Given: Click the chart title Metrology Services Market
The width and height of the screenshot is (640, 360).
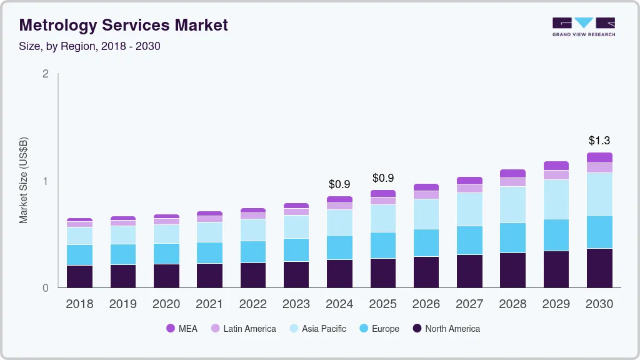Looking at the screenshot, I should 124,25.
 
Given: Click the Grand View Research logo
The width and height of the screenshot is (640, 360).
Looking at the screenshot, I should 584,26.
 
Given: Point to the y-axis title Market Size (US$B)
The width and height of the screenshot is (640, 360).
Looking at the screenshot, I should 24,180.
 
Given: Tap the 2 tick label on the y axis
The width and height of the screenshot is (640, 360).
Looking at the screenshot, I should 45,74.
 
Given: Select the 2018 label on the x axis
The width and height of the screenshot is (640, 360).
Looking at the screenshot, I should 79,304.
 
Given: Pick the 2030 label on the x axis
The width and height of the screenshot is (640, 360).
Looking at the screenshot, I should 599,304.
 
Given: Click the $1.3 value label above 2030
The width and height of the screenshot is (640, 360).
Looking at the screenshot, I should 599,141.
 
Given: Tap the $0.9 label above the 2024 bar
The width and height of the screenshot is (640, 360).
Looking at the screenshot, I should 339,184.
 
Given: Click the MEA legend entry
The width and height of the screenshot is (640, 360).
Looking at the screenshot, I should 181,329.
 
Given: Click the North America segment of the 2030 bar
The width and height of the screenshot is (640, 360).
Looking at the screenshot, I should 599,268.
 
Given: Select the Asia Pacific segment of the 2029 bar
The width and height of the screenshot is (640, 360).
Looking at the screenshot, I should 556,199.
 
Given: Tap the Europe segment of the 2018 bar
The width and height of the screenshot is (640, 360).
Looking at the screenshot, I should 79,255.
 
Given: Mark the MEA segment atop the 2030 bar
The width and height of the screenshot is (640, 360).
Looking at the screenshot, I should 599,157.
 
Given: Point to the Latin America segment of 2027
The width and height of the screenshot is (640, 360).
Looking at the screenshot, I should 469,189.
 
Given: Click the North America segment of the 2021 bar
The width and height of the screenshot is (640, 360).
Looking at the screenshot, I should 209,276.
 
